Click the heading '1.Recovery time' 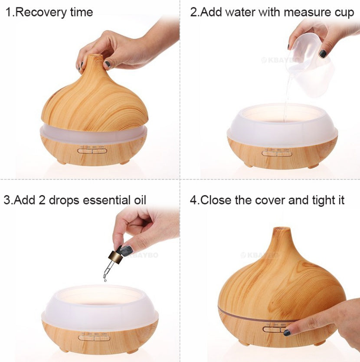coord(49,12)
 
